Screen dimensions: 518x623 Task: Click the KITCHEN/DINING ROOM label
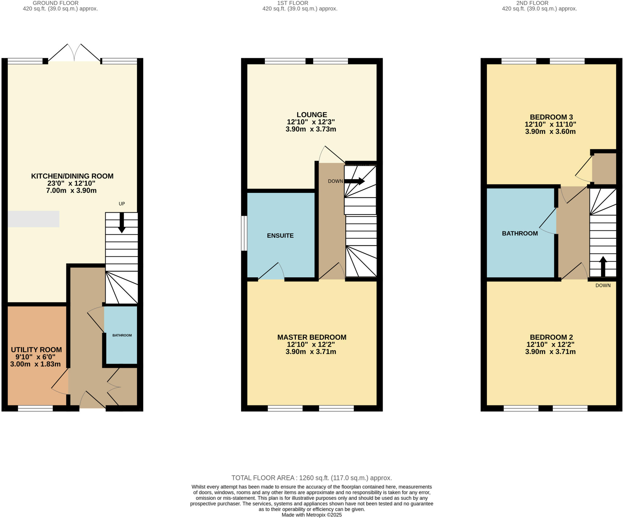click(72, 176)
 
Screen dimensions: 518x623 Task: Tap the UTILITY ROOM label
click(36, 350)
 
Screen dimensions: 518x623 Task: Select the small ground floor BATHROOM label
click(122, 335)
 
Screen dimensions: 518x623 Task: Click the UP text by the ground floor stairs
click(122, 204)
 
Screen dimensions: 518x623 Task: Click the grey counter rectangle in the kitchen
click(33, 219)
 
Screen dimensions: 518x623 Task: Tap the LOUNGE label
click(312, 115)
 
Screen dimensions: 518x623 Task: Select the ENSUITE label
click(280, 236)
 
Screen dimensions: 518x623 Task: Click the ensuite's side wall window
click(244, 233)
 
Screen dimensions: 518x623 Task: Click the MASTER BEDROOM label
click(312, 337)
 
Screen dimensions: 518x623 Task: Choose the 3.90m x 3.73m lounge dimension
click(311, 129)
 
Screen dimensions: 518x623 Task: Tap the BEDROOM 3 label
click(551, 117)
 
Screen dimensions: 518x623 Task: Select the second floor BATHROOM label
click(520, 233)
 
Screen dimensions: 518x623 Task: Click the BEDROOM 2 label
click(551, 337)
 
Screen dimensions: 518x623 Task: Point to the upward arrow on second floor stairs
click(603, 266)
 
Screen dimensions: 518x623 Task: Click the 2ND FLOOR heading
click(532, 3)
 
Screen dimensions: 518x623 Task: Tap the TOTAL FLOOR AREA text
click(311, 478)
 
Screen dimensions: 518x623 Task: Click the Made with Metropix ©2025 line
click(311, 515)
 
